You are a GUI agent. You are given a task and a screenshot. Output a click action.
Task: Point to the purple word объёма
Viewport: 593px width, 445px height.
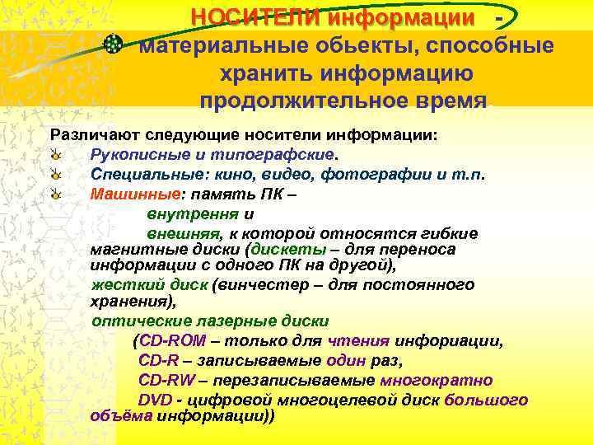[120, 415]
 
